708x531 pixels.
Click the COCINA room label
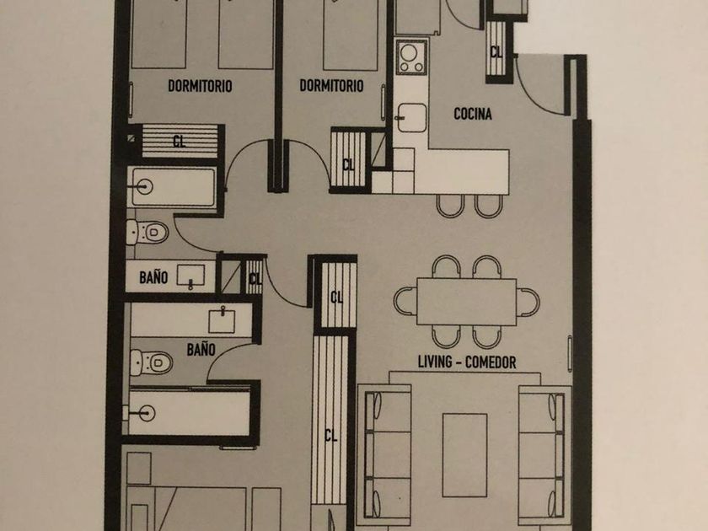[x=473, y=114]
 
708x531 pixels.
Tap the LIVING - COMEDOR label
[x=467, y=362]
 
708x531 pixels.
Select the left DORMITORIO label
[x=200, y=86]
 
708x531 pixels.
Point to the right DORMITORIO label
[x=331, y=85]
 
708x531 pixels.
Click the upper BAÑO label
[x=153, y=277]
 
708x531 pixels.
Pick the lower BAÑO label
[x=201, y=349]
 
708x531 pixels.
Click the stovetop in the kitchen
[x=411, y=57]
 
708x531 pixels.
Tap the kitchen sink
[x=411, y=118]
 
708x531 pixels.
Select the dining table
[x=466, y=302]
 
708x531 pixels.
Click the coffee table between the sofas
[x=464, y=455]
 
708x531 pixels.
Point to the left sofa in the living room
[x=384, y=452]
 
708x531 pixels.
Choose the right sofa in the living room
[x=545, y=452]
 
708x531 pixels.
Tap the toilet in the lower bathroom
[x=151, y=362]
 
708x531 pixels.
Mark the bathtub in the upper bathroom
[x=172, y=187]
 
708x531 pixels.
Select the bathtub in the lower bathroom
[x=187, y=413]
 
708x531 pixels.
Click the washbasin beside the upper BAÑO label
[x=191, y=276]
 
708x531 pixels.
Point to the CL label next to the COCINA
[x=496, y=52]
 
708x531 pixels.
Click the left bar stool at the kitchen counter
[x=450, y=206]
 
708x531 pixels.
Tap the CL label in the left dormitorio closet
[x=180, y=142]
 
